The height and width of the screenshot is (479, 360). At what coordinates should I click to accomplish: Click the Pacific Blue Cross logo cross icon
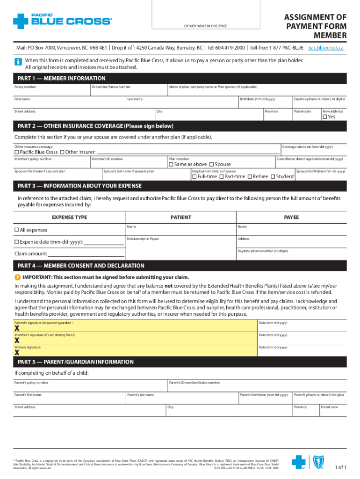(x=21, y=21)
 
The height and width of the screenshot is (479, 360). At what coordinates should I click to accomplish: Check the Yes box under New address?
(x=324, y=117)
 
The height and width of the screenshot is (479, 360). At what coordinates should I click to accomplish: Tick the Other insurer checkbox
(x=62, y=152)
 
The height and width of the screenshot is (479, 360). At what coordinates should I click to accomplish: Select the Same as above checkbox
(x=171, y=165)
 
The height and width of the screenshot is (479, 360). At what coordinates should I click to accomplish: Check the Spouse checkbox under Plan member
(x=212, y=165)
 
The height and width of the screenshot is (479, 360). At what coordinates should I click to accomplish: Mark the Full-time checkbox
(x=194, y=177)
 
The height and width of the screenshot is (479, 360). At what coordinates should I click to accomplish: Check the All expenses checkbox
(x=17, y=230)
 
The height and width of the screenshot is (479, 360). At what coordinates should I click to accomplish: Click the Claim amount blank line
(x=86, y=254)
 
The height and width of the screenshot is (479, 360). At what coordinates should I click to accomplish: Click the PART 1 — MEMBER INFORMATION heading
(x=61, y=79)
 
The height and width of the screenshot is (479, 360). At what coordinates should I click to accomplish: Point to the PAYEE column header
(x=291, y=218)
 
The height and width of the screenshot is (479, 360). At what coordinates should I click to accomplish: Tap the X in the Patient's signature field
(x=17, y=328)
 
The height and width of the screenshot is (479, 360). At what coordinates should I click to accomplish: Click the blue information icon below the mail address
(x=18, y=62)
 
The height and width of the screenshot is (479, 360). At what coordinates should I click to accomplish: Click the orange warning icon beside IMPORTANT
(x=17, y=276)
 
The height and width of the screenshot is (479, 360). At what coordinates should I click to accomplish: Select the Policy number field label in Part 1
(x=25, y=87)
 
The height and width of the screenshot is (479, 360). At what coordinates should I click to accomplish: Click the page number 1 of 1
(x=340, y=467)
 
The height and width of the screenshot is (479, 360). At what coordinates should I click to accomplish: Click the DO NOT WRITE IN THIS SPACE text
(x=206, y=26)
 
